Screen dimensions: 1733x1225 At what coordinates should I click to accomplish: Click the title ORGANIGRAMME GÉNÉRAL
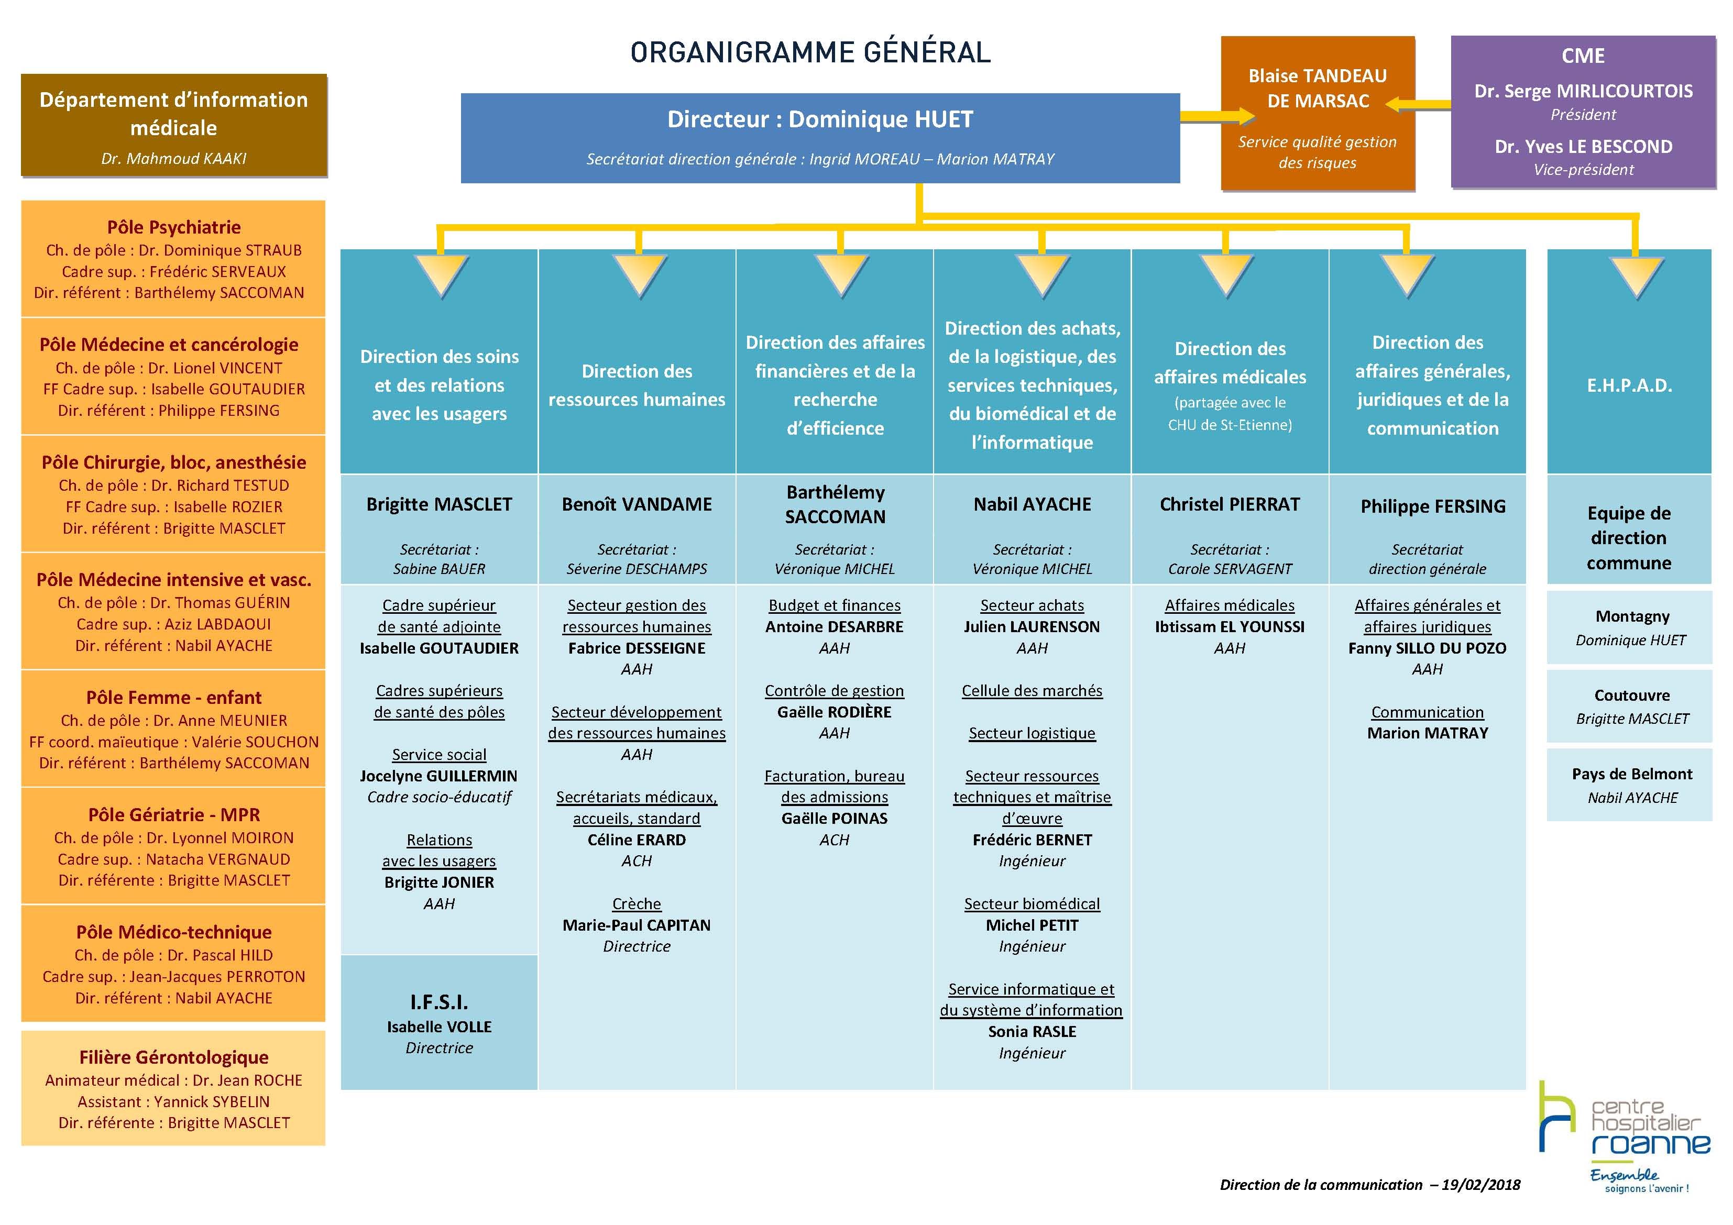click(810, 52)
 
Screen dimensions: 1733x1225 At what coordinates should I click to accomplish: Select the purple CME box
click(1583, 111)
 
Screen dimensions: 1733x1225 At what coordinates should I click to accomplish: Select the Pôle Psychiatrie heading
click(173, 227)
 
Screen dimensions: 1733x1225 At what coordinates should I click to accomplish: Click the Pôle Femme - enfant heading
click(173, 698)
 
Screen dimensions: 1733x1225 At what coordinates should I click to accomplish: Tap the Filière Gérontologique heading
click(173, 1057)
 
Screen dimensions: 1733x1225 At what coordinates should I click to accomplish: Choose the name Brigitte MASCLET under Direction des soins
click(440, 504)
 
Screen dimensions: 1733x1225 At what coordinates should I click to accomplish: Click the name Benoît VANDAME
click(637, 504)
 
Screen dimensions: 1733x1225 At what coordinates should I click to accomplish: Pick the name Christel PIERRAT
click(1230, 504)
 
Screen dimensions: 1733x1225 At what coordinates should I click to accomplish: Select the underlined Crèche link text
click(637, 903)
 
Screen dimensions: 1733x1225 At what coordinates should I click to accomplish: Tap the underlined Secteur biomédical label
click(1032, 903)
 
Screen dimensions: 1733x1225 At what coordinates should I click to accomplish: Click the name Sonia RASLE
click(1032, 1032)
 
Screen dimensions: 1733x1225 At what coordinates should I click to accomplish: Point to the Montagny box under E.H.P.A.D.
click(1630, 627)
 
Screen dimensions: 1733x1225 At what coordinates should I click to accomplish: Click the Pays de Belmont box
click(1630, 785)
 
